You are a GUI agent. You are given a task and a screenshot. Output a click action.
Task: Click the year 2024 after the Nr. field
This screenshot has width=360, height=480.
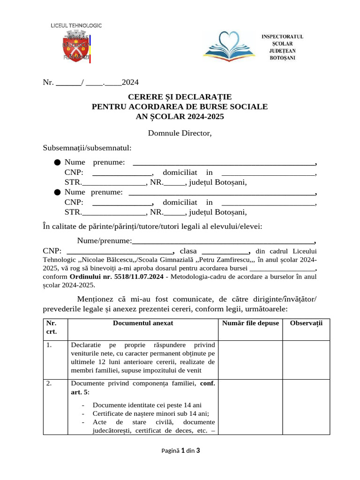130,82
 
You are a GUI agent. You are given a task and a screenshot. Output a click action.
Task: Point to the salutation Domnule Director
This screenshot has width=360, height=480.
180,133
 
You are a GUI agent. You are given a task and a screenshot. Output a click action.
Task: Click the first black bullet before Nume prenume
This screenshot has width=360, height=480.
57,163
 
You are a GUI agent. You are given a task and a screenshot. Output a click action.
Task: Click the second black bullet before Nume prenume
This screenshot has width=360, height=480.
57,192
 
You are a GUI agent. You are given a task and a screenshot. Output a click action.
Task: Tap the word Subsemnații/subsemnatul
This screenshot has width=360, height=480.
87,148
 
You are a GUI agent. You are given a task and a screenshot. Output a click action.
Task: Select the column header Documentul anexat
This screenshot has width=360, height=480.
143,323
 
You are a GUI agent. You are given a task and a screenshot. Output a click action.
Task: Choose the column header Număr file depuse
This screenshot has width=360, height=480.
250,323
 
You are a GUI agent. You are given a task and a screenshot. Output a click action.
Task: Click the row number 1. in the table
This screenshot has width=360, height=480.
49,345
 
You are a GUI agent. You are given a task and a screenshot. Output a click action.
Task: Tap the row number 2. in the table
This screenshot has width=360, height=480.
49,383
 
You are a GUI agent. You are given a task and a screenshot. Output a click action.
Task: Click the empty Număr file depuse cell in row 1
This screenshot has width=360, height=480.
250,359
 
